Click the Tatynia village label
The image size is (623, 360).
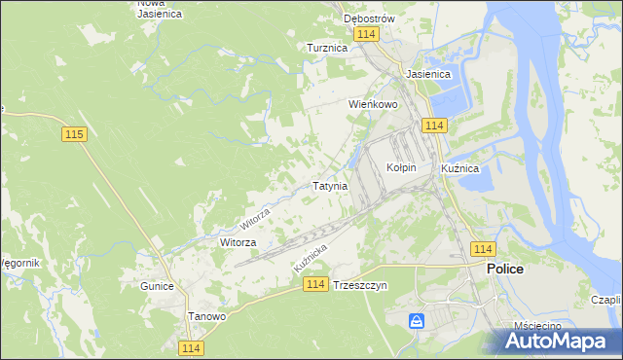click(x=329, y=185)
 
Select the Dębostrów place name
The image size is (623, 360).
click(x=368, y=18)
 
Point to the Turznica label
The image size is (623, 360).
click(x=327, y=48)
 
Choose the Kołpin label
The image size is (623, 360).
click(x=401, y=167)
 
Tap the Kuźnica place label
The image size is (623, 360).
click(x=459, y=168)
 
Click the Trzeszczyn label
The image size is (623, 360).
click(x=360, y=286)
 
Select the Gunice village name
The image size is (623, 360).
click(x=156, y=286)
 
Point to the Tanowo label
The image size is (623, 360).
click(x=206, y=316)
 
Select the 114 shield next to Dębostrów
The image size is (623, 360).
click(x=366, y=34)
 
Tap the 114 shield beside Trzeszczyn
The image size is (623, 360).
click(x=313, y=283)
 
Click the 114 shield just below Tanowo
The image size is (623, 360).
click(x=192, y=347)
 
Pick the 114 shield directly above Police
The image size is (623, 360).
click(x=482, y=249)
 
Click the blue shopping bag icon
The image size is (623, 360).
click(x=417, y=320)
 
